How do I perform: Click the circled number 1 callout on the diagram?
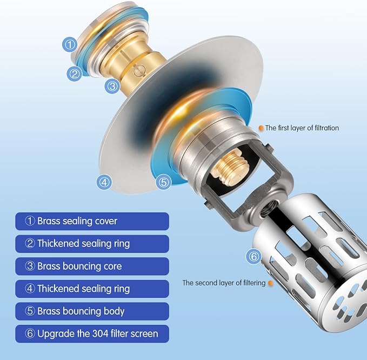(x=70, y=44)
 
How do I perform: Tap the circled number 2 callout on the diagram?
(x=75, y=74)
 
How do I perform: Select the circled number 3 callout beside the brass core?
(x=112, y=86)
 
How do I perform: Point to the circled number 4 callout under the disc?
(x=104, y=182)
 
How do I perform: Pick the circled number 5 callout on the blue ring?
(x=164, y=182)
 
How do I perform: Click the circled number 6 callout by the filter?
(x=253, y=256)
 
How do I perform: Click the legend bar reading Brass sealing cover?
(x=92, y=221)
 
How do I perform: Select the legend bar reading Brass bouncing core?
(x=92, y=266)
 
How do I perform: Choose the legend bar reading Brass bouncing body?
(x=92, y=311)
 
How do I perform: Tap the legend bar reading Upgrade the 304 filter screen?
(x=92, y=334)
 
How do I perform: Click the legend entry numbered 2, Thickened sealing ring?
(x=92, y=244)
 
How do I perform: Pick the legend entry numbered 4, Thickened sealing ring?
(x=92, y=289)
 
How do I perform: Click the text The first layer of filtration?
(x=302, y=128)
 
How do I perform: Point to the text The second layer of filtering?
(x=224, y=283)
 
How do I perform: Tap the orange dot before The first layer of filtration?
(x=261, y=128)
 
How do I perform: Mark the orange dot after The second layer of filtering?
(x=271, y=283)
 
